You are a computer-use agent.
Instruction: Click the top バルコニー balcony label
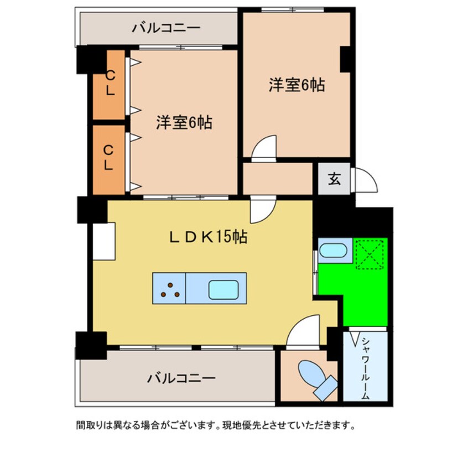[x=166, y=28]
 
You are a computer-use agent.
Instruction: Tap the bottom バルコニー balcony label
[x=181, y=378]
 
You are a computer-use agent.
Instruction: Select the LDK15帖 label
[x=209, y=237]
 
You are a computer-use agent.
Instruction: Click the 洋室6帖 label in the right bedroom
[x=297, y=85]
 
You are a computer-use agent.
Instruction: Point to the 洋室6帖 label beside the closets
[x=184, y=122]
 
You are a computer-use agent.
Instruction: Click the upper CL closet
[x=109, y=85]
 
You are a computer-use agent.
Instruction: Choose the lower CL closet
[x=109, y=160]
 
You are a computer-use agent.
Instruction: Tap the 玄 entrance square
[x=334, y=179]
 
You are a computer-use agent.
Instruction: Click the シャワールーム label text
[x=366, y=368]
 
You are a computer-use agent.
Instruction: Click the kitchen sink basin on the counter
[x=223, y=289]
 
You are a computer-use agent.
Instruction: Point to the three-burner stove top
[x=169, y=288]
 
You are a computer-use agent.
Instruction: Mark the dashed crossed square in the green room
[x=369, y=254]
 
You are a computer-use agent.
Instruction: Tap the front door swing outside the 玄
[x=365, y=180]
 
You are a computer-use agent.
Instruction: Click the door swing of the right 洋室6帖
[x=264, y=149]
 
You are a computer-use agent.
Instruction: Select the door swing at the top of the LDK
[x=263, y=209]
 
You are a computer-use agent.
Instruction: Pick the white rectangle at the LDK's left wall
[x=104, y=241]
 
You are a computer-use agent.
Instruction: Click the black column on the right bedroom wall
[x=345, y=59]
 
